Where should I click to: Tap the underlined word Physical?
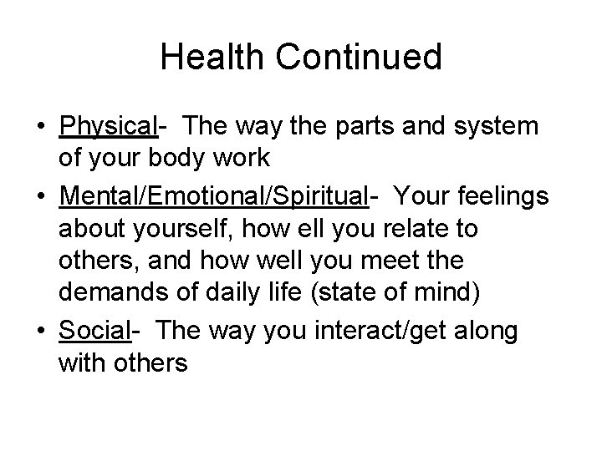[x=109, y=126]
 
